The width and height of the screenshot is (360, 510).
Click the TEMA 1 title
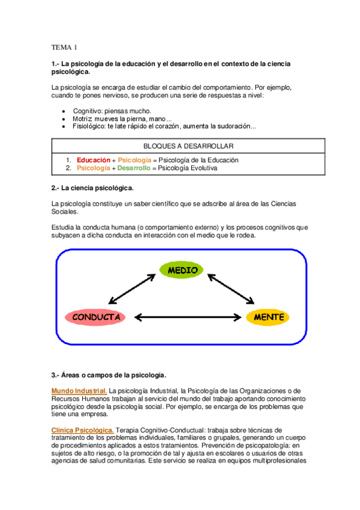[64, 46]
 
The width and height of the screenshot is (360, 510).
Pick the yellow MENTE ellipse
[269, 316]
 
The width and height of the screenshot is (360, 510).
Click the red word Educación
[93, 160]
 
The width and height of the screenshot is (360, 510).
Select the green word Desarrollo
[131, 168]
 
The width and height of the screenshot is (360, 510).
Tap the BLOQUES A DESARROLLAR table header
[189, 146]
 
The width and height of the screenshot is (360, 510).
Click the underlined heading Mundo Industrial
[79, 391]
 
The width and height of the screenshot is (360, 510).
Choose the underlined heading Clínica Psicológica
[82, 430]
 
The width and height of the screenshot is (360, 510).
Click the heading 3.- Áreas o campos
[109, 375]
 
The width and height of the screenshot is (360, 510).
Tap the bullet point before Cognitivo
[64, 111]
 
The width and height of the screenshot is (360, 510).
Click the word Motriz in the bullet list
[84, 119]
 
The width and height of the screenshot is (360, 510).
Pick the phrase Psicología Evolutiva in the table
[188, 168]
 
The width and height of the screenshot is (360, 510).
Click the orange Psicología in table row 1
[135, 160]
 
